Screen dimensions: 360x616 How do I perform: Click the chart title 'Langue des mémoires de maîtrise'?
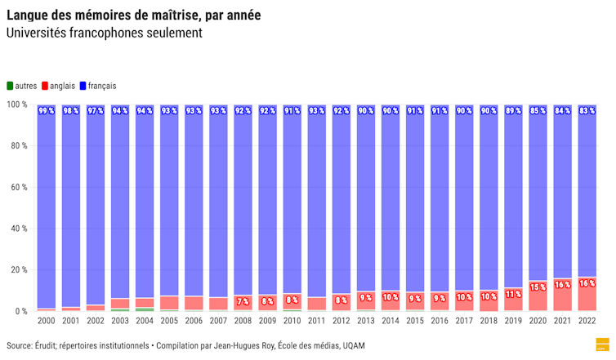click(x=133, y=15)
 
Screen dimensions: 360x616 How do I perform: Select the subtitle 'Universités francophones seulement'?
click(x=104, y=33)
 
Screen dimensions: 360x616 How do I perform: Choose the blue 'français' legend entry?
click(x=97, y=86)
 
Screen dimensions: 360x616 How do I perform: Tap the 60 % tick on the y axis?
click(x=18, y=187)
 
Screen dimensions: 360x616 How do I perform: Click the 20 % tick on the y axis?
click(x=18, y=270)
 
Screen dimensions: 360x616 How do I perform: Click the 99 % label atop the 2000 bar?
click(x=47, y=110)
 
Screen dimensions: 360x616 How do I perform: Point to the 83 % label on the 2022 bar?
click(x=587, y=110)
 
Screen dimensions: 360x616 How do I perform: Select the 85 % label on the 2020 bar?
click(x=538, y=110)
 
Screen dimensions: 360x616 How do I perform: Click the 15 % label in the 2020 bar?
click(x=538, y=287)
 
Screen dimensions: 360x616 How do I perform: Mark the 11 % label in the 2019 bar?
click(x=513, y=294)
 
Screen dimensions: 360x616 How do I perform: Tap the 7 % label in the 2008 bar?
click(x=243, y=301)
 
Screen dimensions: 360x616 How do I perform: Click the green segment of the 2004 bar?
click(x=145, y=309)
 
